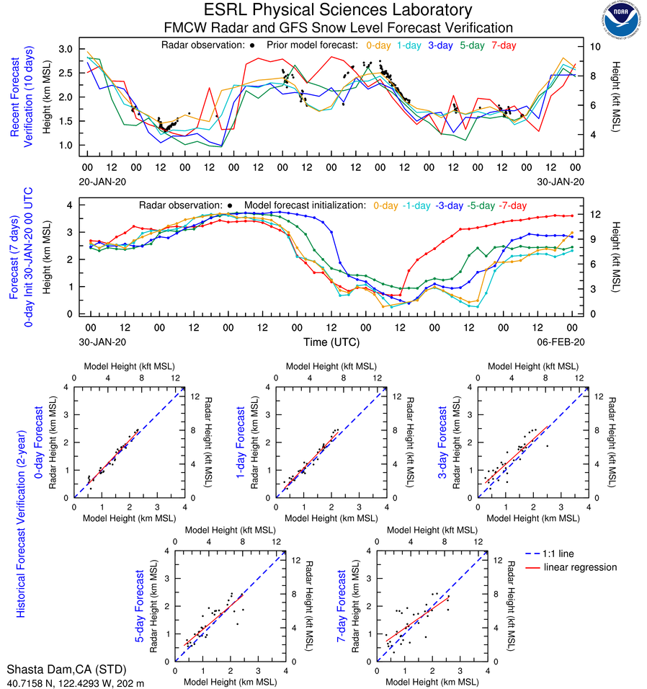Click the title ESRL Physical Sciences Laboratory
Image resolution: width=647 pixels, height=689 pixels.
[x=339, y=10]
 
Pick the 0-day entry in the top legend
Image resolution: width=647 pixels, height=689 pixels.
[x=378, y=45]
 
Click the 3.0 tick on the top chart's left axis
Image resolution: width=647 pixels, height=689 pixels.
[x=66, y=49]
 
